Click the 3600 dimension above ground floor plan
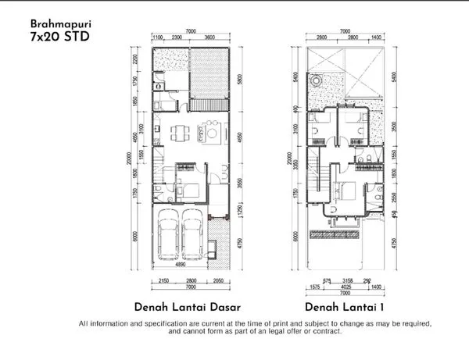(x=209, y=37)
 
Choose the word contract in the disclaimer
(x=320, y=331)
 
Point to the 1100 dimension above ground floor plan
(x=156, y=37)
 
